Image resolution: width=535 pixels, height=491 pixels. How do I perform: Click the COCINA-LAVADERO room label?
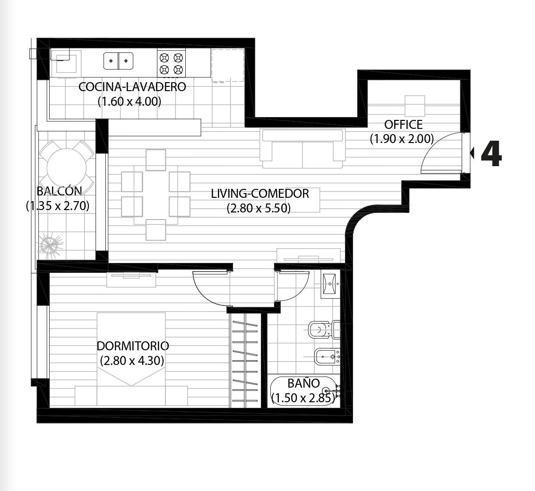132,87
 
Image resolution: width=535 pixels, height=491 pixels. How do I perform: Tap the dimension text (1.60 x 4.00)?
129,102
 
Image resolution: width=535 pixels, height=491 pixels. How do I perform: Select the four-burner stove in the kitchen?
171,63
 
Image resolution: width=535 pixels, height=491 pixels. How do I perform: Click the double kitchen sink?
119,61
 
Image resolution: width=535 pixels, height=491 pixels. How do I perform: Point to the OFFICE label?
403,125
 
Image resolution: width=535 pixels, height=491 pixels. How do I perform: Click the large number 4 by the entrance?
492,154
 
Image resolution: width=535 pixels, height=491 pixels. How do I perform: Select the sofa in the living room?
302,149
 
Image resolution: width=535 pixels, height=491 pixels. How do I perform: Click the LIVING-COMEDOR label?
259,194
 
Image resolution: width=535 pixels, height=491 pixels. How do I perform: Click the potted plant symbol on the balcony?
51,244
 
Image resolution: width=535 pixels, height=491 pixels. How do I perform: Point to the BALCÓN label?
60,191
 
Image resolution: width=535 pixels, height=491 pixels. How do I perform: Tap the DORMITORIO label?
133,346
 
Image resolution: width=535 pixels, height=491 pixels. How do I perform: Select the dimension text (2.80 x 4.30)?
132,361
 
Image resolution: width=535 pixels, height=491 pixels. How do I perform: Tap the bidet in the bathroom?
327,356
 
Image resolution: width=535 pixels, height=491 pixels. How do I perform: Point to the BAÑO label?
304,383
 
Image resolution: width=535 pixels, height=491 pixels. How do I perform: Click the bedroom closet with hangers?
245,361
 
